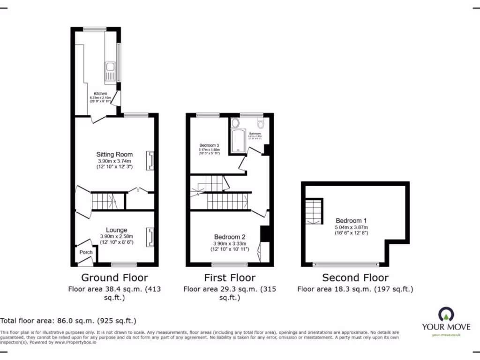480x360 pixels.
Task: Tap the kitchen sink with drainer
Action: [110, 72]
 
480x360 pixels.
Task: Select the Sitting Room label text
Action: [114, 154]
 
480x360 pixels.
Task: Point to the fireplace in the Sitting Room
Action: [150, 160]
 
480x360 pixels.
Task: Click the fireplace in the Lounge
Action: [150, 237]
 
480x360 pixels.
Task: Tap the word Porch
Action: [86, 252]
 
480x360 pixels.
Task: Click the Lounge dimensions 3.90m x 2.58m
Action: [116, 236]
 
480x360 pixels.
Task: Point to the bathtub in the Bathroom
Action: [238, 140]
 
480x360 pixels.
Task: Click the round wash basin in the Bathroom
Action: [235, 123]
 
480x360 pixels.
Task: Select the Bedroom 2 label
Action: [230, 237]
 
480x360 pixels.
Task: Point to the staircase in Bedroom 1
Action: [314, 210]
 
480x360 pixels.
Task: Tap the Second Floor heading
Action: [356, 277]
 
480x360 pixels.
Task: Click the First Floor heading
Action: [230, 277]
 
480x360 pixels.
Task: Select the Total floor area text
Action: [68, 321]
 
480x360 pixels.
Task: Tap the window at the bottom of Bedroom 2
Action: [230, 263]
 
